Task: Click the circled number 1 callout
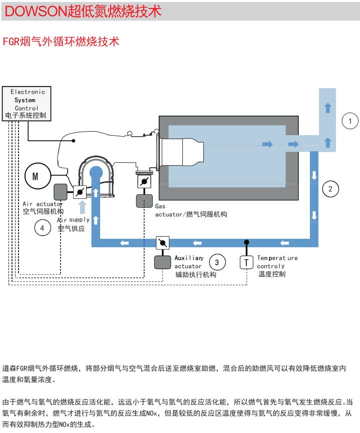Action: pyautogui.click(x=350, y=121)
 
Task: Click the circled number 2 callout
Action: pyautogui.click(x=330, y=189)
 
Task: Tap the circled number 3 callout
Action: pyautogui.click(x=217, y=262)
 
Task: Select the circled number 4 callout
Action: pyautogui.click(x=43, y=228)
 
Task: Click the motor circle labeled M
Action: pyautogui.click(x=35, y=176)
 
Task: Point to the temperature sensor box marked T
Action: pyautogui.click(x=246, y=262)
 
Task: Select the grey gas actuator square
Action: pyautogui.click(x=144, y=200)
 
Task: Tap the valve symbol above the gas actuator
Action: pyautogui.click(x=144, y=181)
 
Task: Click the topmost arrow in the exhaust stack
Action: pyautogui.click(x=327, y=107)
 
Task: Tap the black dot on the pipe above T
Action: pyautogui.click(x=246, y=243)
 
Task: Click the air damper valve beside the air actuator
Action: pyautogui.click(x=80, y=192)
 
